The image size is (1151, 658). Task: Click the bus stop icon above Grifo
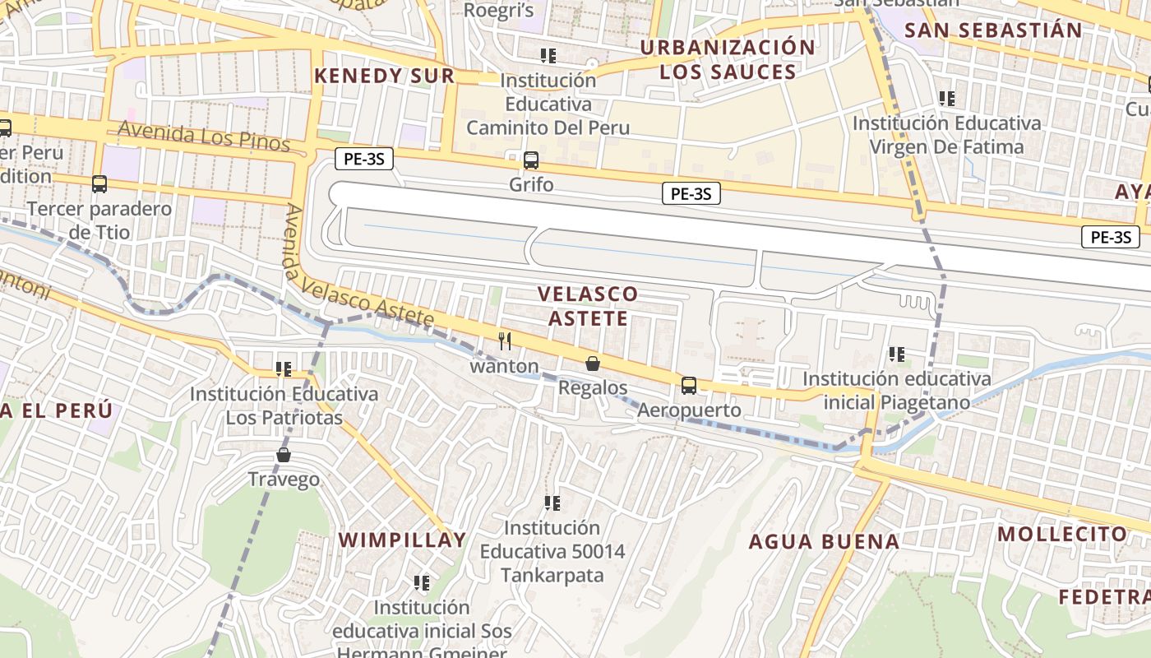tap(531, 160)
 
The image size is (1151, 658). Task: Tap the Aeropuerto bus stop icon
tap(689, 385)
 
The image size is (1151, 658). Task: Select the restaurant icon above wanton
tap(505, 341)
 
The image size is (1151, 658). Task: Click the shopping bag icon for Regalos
tap(592, 363)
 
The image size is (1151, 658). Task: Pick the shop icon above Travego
tap(284, 455)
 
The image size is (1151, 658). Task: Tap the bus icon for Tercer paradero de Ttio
tap(99, 184)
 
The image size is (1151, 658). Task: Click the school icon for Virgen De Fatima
tap(947, 99)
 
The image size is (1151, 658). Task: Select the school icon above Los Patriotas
tap(284, 369)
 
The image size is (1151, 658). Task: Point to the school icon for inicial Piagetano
tap(897, 354)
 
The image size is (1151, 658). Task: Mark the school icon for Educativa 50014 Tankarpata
tap(552, 503)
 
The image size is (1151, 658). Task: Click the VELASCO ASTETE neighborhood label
tap(588, 306)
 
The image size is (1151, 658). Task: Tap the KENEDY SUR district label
tap(384, 76)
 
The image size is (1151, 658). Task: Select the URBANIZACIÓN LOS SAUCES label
tap(728, 59)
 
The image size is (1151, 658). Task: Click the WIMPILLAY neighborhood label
tap(403, 540)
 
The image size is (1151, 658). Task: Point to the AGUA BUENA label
tap(824, 542)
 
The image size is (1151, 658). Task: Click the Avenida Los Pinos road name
tap(204, 136)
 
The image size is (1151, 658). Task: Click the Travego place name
tap(284, 480)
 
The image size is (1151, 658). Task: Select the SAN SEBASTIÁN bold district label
tap(993, 30)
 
